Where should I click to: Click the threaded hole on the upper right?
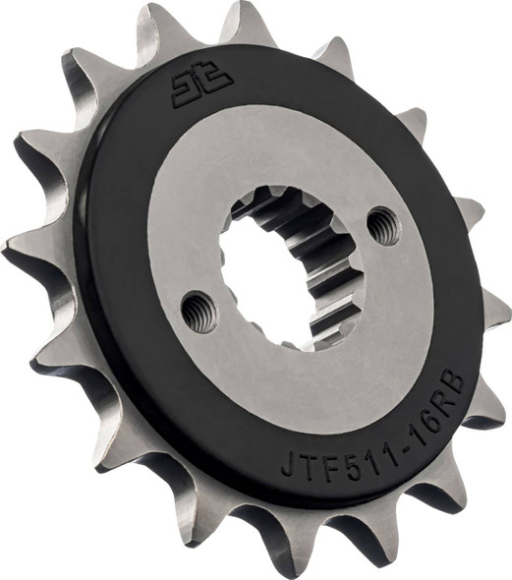click(x=383, y=226)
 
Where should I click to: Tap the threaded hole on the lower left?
click(x=199, y=312)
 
